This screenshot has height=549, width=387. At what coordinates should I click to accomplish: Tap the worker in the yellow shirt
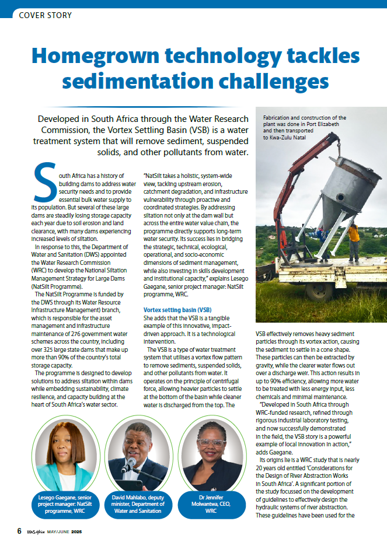click(x=354, y=240)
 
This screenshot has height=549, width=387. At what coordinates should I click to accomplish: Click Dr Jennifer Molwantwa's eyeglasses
click(x=211, y=443)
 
